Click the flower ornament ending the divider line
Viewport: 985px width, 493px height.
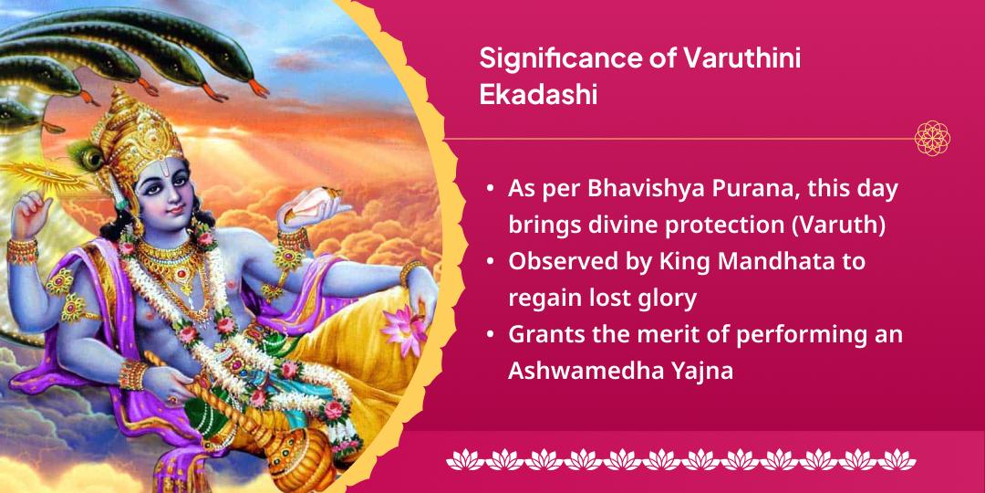[x=932, y=138]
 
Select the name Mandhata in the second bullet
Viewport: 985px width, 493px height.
[x=778, y=261]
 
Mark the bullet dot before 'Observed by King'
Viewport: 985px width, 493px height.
[x=491, y=262]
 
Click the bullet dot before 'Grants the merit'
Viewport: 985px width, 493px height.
[x=491, y=335]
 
